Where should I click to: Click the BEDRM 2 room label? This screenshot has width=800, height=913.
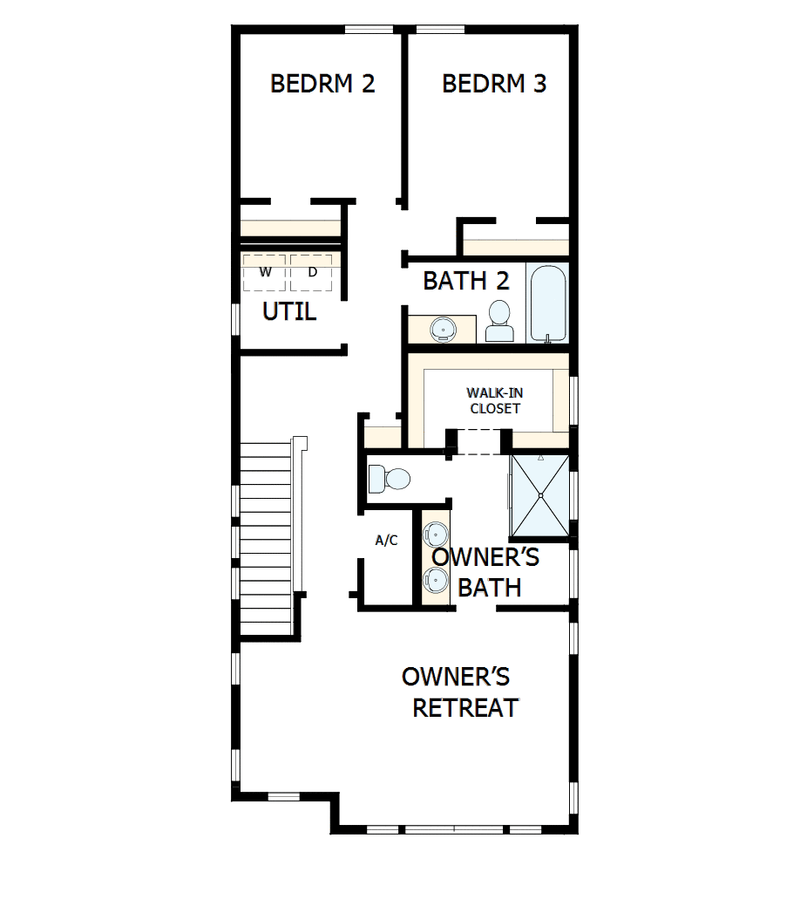[322, 84]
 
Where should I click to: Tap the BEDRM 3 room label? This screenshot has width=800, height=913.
[494, 84]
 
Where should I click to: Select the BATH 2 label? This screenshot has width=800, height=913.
[466, 281]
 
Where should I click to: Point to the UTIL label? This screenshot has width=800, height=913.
[289, 311]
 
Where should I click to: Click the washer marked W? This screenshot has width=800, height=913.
[265, 272]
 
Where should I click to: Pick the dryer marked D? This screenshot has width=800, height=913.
[312, 272]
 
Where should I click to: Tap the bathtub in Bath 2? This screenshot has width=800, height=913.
[548, 302]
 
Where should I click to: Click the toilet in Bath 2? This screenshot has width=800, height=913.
[499, 321]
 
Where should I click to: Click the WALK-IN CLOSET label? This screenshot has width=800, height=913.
[494, 400]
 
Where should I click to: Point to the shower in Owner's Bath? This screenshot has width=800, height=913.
[540, 494]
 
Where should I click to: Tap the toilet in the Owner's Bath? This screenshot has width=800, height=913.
[390, 478]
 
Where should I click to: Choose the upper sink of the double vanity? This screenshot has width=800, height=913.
[435, 534]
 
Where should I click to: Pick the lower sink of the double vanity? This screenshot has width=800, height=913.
[435, 577]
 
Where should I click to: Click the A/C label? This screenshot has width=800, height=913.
[386, 541]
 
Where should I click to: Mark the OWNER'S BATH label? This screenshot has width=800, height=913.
[486, 572]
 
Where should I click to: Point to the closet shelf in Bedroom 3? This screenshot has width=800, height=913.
[516, 247]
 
